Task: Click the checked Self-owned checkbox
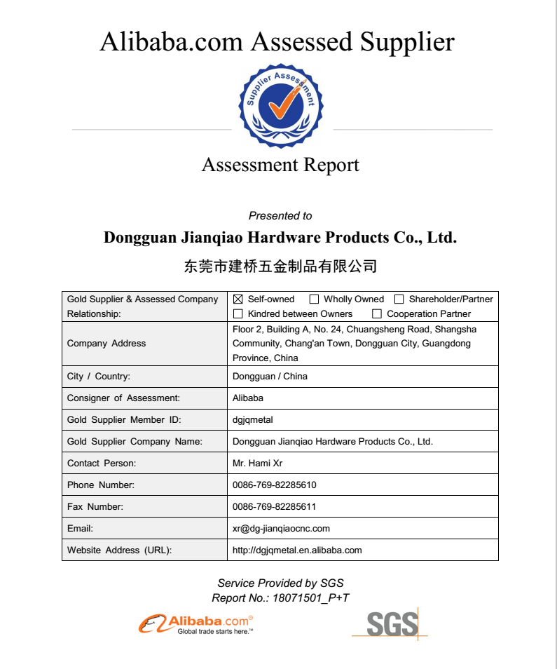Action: (238, 299)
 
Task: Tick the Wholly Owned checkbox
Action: (315, 299)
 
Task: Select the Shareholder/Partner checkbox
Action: (399, 299)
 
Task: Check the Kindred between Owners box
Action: (238, 314)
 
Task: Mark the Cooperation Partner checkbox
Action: (377, 314)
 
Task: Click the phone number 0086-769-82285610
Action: (274, 485)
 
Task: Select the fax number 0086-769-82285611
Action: (274, 507)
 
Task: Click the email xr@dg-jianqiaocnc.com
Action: (281, 529)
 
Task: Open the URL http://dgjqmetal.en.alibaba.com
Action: (297, 550)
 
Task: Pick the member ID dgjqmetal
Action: (252, 420)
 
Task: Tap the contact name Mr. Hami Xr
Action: (257, 464)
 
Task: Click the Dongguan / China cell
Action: (270, 377)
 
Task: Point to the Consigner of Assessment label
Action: (123, 398)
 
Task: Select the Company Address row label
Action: (106, 344)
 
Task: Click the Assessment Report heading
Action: (280, 165)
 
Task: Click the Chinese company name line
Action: (280, 266)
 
